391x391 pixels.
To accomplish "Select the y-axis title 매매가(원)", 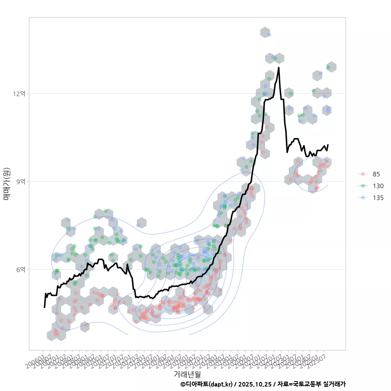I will pyautogui.click(x=7, y=184).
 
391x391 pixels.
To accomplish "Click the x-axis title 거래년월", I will pyautogui.click(x=187, y=374).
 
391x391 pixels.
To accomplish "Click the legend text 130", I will pyautogui.click(x=376, y=186).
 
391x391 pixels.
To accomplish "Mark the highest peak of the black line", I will pyautogui.click(x=279, y=68).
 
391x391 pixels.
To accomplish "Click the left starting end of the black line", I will pyautogui.click(x=44, y=307).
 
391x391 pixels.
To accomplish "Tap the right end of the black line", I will pyautogui.click(x=328, y=145).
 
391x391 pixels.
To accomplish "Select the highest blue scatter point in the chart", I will pyautogui.click(x=269, y=35).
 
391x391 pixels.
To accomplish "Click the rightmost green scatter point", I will pyautogui.click(x=328, y=67).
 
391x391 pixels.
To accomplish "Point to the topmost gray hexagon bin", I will pyautogui.click(x=265, y=32).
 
